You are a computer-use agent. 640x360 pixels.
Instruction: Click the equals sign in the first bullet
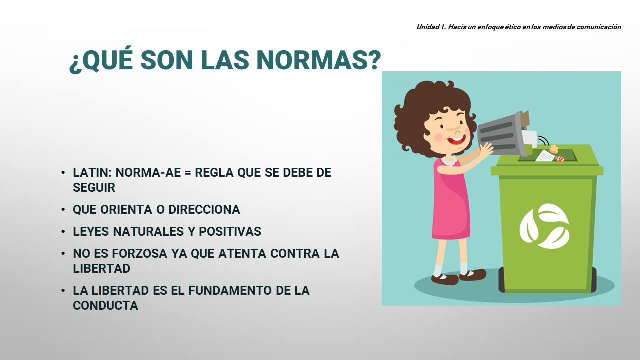[187, 173]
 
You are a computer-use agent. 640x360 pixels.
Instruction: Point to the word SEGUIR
[94, 187]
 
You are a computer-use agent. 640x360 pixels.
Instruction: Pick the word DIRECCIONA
[204, 209]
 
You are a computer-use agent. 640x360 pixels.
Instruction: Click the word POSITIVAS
[230, 231]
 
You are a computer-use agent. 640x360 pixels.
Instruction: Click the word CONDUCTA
[105, 306]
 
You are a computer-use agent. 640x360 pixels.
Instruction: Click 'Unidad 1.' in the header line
[431, 27]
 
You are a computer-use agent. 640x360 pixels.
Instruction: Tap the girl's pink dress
[451, 200]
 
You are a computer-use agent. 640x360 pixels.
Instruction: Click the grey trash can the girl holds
[503, 133]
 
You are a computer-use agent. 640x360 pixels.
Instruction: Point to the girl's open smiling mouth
[456, 140]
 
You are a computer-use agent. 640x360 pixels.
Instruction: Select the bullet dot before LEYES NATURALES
[63, 231]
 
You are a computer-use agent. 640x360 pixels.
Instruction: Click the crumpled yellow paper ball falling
[554, 148]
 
